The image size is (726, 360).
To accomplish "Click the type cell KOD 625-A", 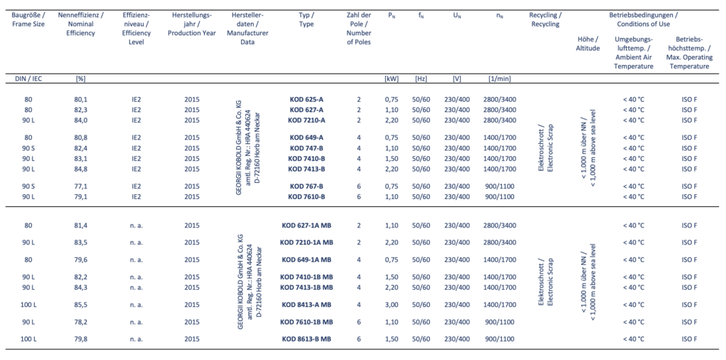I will (306, 99).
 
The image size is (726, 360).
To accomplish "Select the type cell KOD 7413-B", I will (306, 169).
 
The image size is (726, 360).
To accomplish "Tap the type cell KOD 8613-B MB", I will (306, 339).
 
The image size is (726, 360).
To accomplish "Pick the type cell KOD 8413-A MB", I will (306, 304).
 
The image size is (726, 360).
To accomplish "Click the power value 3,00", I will (391, 304).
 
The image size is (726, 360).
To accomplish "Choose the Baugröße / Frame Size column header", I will (29, 19).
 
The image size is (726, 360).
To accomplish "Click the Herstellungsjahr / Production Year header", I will (189, 24).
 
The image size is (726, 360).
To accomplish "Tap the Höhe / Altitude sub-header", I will (588, 43).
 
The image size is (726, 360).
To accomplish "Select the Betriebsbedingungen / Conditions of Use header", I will (642, 19).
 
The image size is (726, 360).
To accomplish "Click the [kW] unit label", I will (391, 78).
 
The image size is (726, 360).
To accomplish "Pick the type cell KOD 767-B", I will (306, 186).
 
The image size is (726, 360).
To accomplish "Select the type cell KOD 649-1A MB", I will (306, 259).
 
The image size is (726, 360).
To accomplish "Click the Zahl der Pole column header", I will (359, 29).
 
